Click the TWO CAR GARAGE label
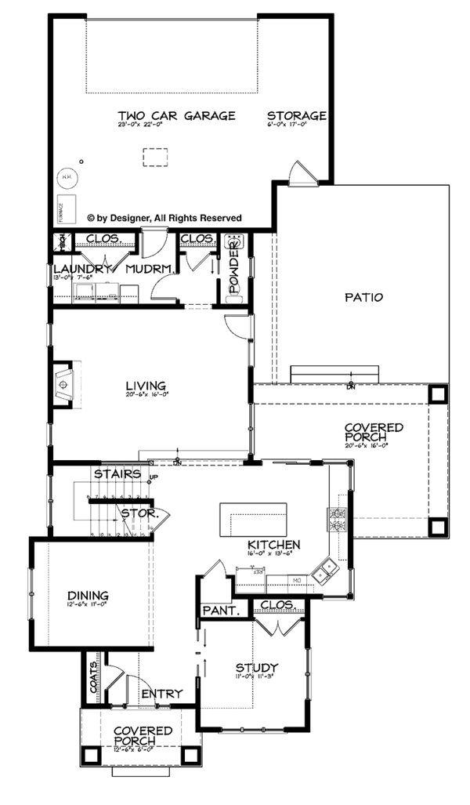click(176, 116)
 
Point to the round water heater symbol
click(67, 177)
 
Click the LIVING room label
click(146, 386)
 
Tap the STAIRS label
click(117, 474)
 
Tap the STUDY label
click(256, 668)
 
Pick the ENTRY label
click(162, 694)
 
